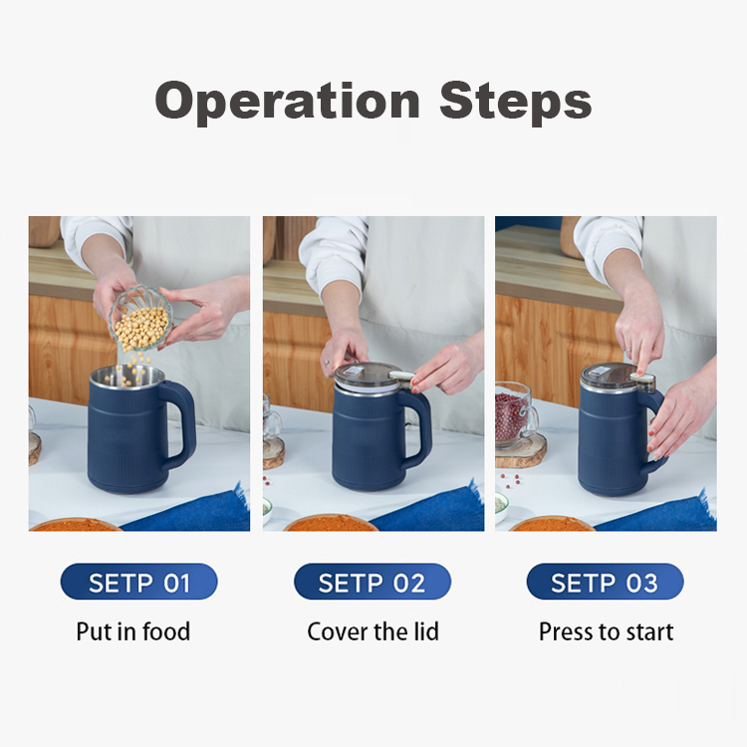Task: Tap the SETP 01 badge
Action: [139, 583]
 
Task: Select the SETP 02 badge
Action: [373, 583]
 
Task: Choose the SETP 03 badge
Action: [605, 583]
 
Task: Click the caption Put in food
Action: [132, 631]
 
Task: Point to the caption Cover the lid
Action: [373, 631]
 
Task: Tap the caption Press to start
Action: [606, 631]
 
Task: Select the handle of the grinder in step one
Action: [180, 423]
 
